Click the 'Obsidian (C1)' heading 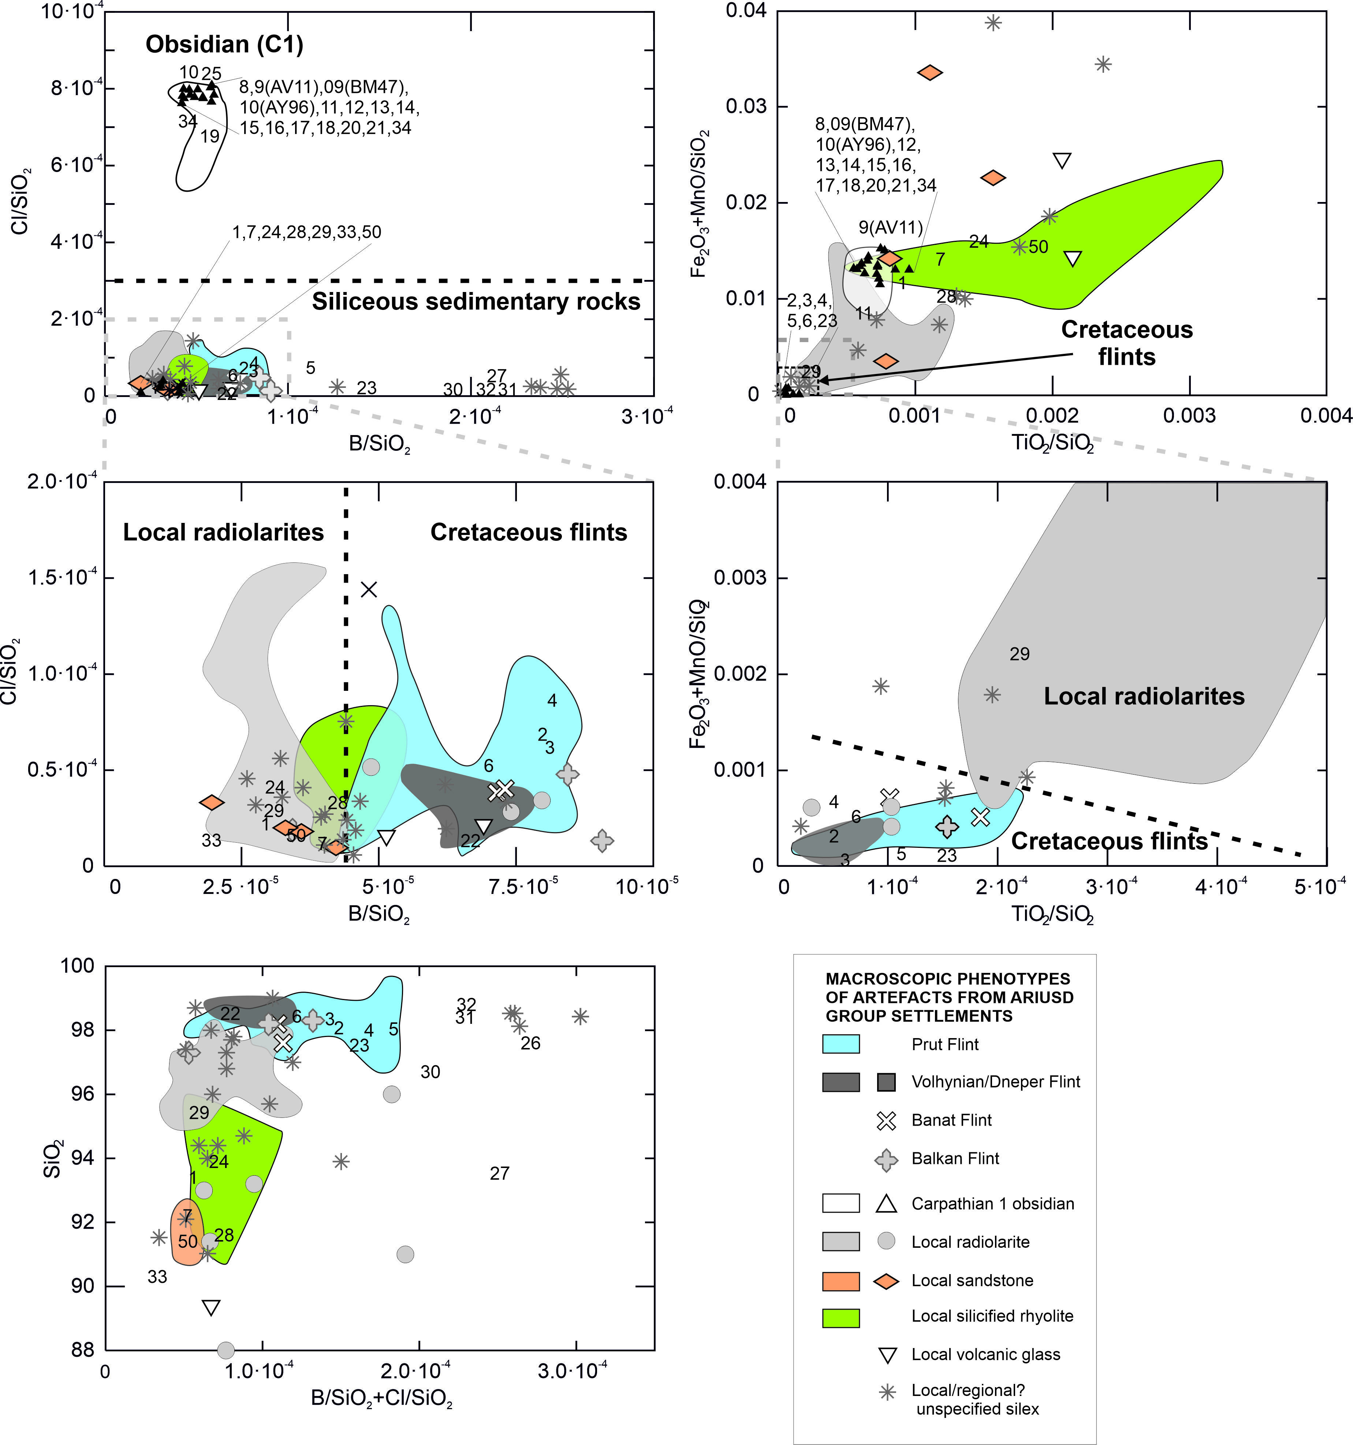click(224, 44)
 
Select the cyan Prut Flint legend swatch click(840, 1044)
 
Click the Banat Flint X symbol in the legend click(886, 1120)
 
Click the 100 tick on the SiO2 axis click(78, 966)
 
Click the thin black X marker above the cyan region click(369, 589)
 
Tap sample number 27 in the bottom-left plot click(499, 1173)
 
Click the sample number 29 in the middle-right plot click(1019, 654)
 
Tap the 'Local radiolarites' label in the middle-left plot click(223, 532)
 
